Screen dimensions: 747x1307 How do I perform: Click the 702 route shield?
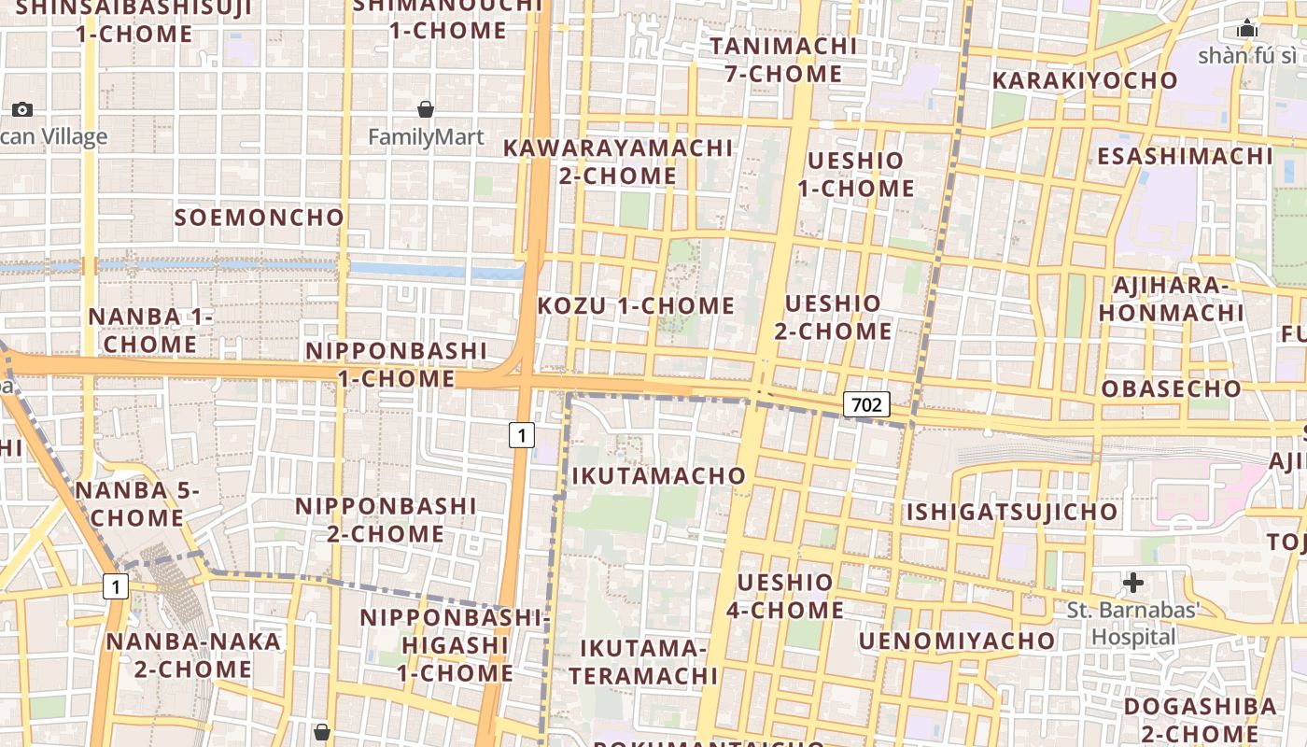(x=866, y=404)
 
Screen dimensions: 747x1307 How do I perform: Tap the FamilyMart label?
(x=426, y=137)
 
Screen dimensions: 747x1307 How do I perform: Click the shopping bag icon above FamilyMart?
(x=426, y=109)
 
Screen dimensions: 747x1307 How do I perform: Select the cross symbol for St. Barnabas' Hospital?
(x=1133, y=583)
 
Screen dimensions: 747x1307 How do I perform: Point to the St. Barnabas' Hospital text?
(x=1133, y=624)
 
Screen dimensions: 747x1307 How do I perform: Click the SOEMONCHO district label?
(x=260, y=218)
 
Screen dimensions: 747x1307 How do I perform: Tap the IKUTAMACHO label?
(x=659, y=476)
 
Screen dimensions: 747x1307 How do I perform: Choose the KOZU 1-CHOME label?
(x=637, y=305)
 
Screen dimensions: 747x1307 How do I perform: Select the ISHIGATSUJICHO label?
(x=1011, y=512)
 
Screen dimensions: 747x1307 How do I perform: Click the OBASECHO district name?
(x=1172, y=388)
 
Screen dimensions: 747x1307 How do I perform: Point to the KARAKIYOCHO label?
(x=1085, y=80)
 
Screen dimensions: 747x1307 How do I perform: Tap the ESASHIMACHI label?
(x=1185, y=156)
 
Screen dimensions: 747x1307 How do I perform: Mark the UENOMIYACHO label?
(x=957, y=641)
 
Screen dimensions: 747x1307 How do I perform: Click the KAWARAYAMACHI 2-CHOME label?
(x=618, y=162)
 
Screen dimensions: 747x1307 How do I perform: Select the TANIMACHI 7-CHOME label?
(x=783, y=60)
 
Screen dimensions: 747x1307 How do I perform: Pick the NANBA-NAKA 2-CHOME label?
(x=193, y=655)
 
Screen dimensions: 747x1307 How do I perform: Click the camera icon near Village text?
(x=22, y=109)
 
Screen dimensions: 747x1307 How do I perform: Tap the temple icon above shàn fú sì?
(x=1246, y=29)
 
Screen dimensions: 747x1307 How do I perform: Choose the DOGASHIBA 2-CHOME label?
(x=1200, y=719)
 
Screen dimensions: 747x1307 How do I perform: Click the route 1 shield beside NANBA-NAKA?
(x=115, y=587)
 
